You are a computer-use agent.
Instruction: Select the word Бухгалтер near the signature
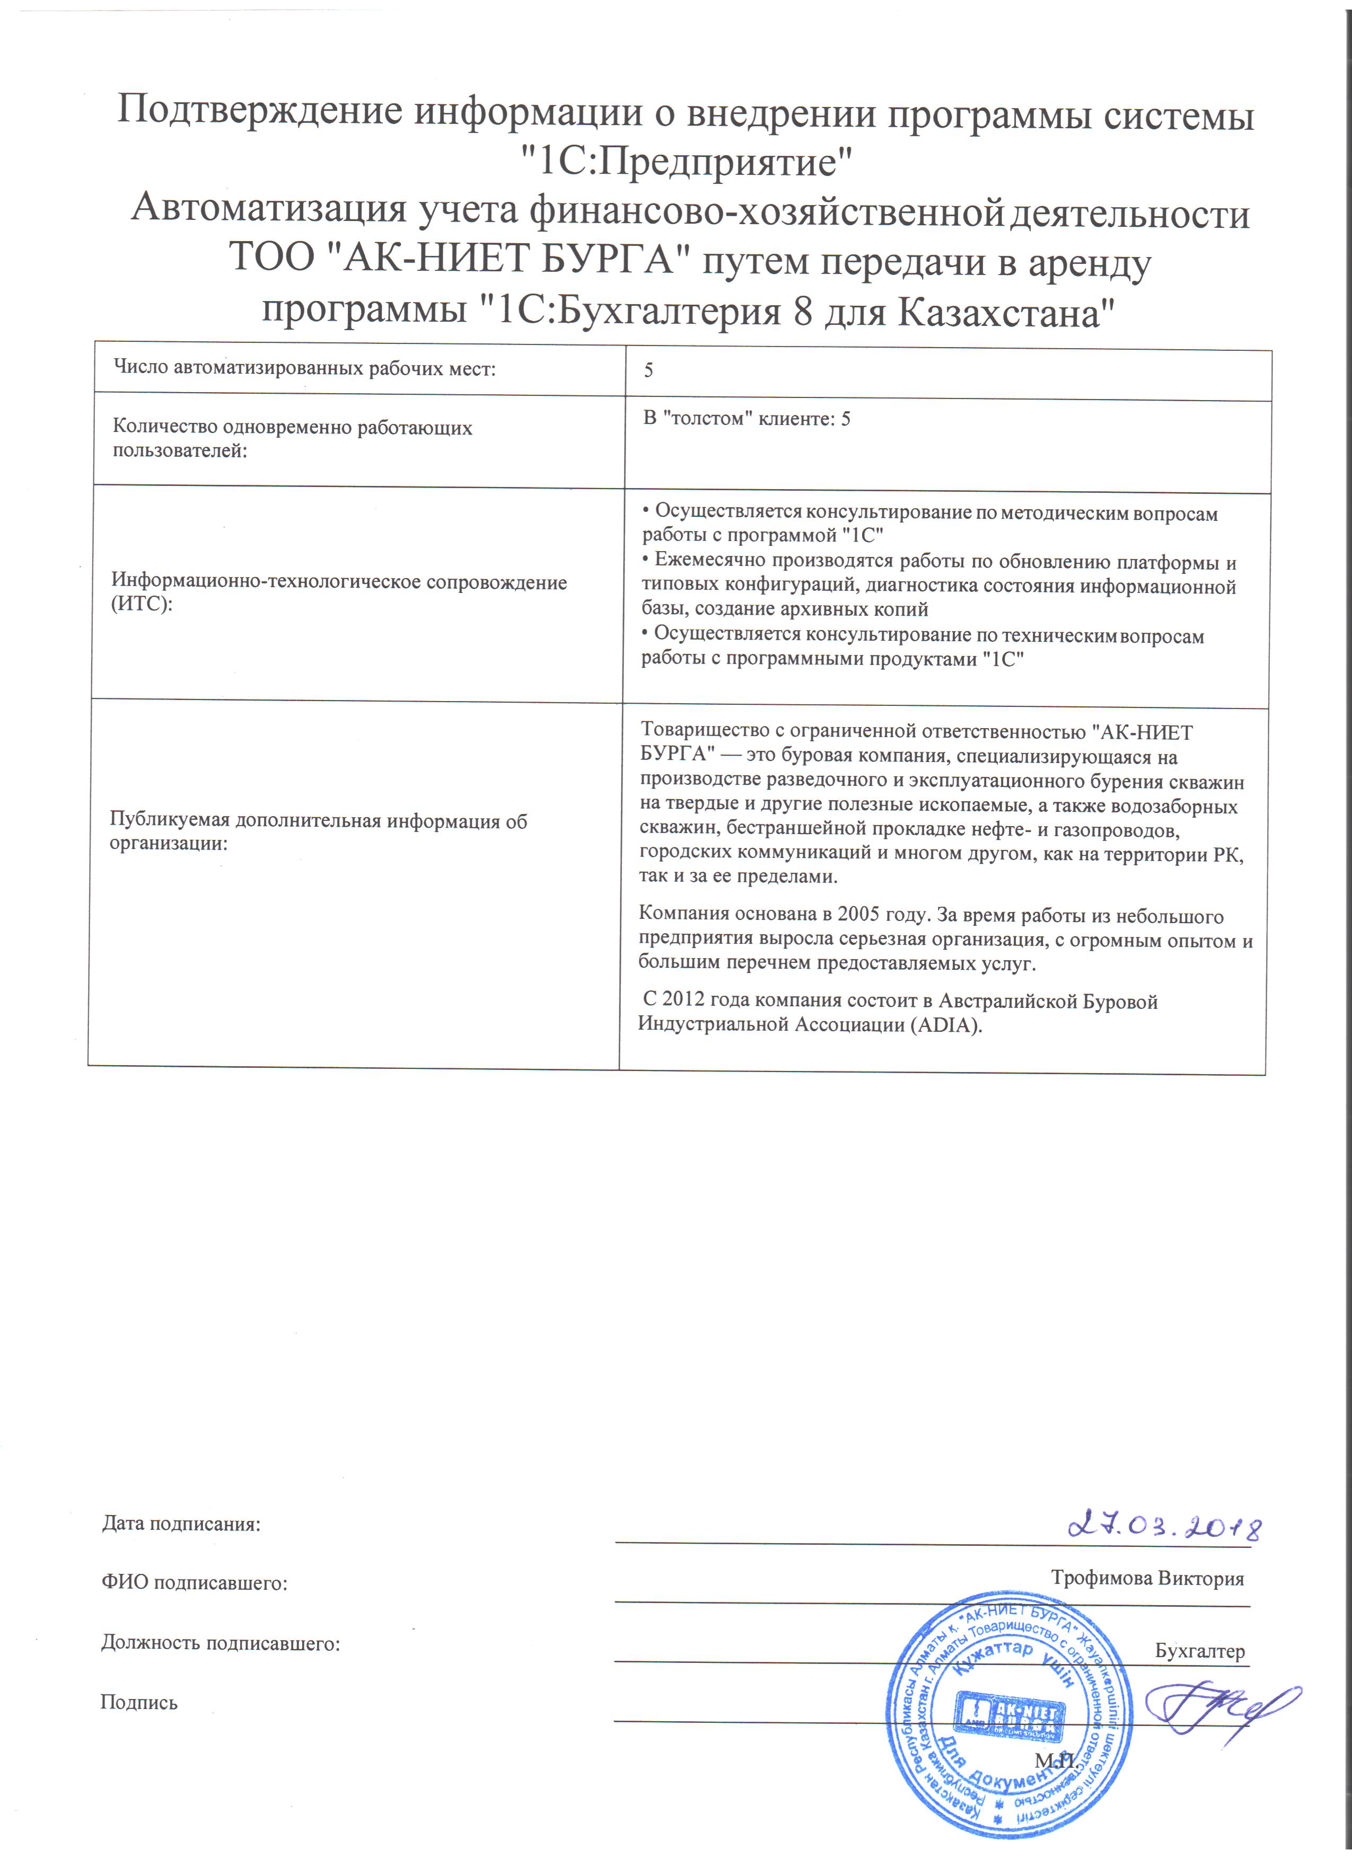click(1199, 1651)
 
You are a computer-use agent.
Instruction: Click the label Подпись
click(138, 1703)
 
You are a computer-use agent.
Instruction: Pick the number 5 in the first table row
click(648, 370)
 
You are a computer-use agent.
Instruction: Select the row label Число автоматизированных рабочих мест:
click(304, 368)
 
